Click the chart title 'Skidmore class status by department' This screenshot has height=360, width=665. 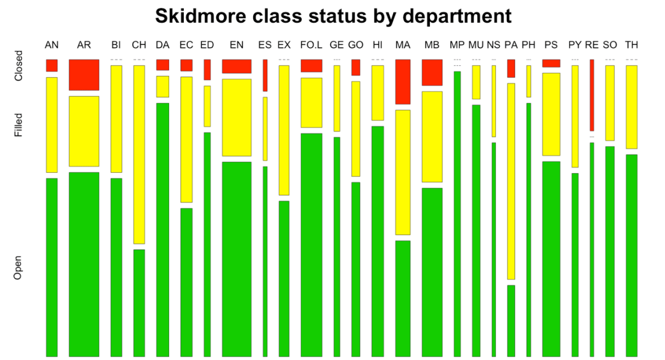(333, 16)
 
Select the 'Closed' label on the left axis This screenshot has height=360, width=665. (18, 66)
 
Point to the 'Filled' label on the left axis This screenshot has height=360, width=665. (18, 125)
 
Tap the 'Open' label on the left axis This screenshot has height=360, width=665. (18, 267)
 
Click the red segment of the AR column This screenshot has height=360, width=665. (84, 75)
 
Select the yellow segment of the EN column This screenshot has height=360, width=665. (236, 117)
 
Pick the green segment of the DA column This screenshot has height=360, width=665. (162, 229)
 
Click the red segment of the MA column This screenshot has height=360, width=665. (402, 82)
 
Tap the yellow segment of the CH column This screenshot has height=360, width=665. (139, 154)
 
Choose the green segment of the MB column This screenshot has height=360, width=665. (432, 272)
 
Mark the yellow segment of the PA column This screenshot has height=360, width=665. (511, 181)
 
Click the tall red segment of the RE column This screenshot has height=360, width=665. (591, 95)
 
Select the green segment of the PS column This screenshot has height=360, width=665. (551, 258)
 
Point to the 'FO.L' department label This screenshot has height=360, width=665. (311, 45)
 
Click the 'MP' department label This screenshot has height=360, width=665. (457, 45)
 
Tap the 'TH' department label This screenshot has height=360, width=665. (631, 45)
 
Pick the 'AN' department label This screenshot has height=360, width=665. (52, 45)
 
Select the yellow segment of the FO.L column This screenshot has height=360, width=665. (311, 102)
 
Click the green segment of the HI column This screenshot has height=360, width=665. (377, 241)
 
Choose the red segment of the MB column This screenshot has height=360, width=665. (432, 72)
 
